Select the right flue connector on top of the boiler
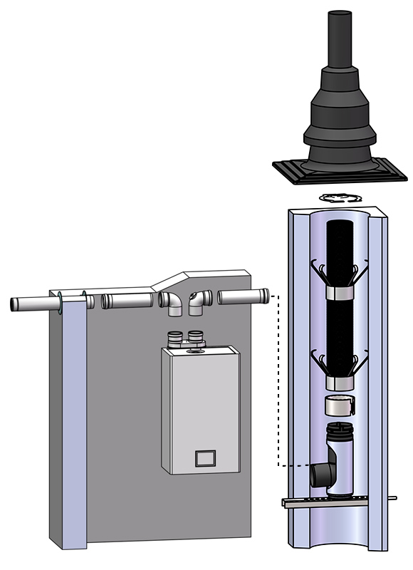[194, 338]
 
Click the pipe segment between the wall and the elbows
[127, 301]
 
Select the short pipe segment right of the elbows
[243, 296]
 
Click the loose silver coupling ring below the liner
[339, 407]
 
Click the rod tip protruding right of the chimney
[394, 497]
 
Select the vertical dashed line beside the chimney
[276, 378]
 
